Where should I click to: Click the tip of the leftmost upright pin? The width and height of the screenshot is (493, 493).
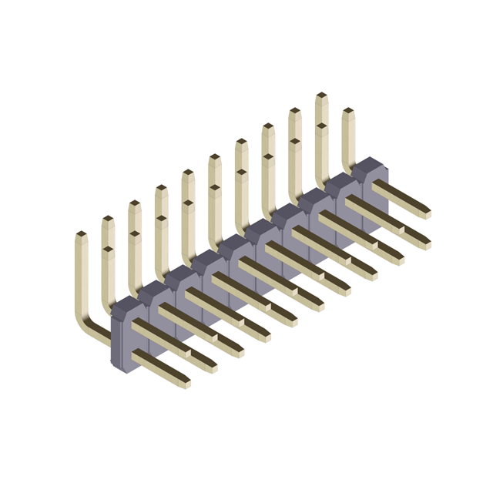pyautogui.click(x=81, y=234)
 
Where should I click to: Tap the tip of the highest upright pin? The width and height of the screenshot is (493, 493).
pyautogui.click(x=321, y=96)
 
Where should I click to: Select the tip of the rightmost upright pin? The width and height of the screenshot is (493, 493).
pyautogui.click(x=348, y=112)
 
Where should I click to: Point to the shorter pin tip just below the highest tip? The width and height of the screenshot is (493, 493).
pyautogui.click(x=321, y=125)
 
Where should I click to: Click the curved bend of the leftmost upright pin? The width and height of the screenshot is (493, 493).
pyautogui.click(x=87, y=327)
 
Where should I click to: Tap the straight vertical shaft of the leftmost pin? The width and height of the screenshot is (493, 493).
pyautogui.click(x=82, y=277)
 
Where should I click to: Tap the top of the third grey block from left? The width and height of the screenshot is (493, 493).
pyautogui.click(x=183, y=274)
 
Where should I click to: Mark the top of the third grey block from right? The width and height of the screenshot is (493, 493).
pyautogui.click(x=317, y=196)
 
